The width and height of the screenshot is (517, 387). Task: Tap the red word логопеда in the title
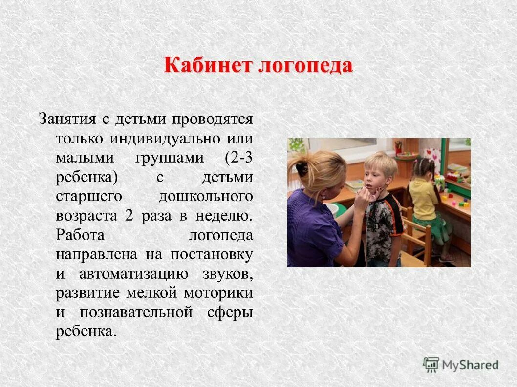click(305, 65)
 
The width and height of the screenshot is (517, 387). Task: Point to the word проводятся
click(213, 119)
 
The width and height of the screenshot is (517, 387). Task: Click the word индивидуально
click(165, 139)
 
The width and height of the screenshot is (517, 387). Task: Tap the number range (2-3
click(239, 158)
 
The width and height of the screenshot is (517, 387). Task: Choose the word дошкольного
click(206, 196)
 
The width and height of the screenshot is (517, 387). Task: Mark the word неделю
click(224, 216)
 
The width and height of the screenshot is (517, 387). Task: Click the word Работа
click(80, 235)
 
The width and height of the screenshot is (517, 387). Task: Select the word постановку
click(212, 254)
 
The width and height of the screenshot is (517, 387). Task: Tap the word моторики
click(218, 293)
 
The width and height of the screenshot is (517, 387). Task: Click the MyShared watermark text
click(470, 365)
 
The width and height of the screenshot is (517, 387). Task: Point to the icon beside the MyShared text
click(431, 364)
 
